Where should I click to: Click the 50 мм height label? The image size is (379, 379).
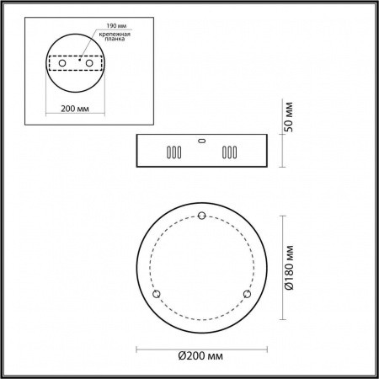288,119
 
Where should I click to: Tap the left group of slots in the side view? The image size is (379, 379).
173,154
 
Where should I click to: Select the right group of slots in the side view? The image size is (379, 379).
228,154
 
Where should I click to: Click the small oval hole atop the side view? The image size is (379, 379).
200,141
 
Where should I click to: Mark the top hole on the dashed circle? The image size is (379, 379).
201,217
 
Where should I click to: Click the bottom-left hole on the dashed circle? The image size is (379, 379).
155,293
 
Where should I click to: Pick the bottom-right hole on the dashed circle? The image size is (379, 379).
247,293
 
